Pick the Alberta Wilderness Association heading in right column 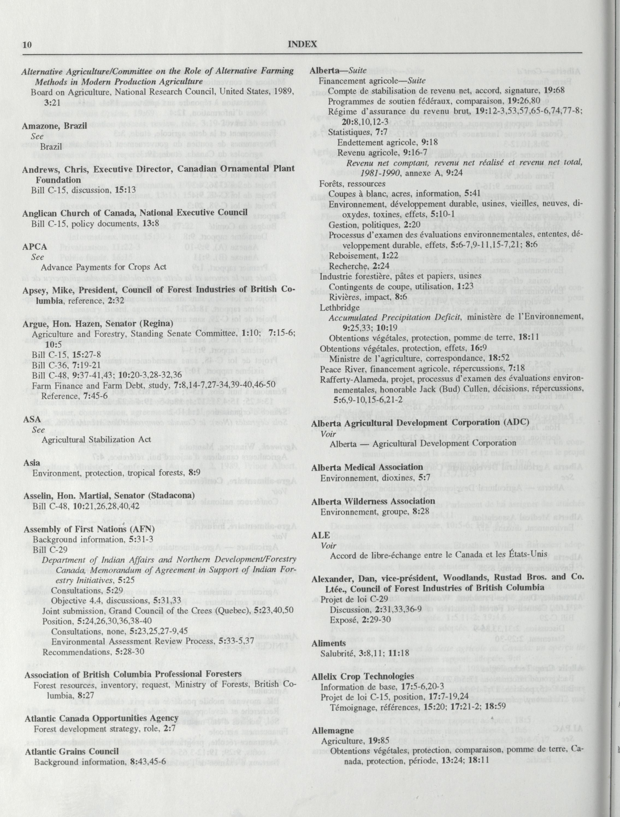[373, 501]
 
